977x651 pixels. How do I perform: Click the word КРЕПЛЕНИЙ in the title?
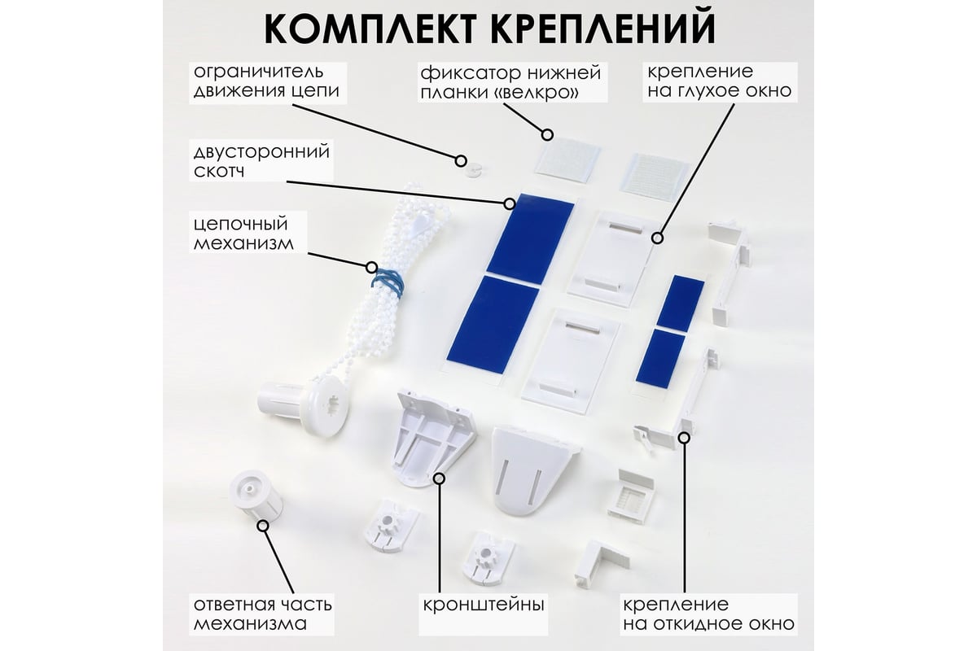click(x=602, y=27)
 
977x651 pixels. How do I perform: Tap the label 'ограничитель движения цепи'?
click(x=266, y=81)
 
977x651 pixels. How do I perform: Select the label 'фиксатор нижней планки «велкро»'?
click(x=510, y=82)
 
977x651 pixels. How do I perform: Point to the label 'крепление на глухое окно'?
click(x=719, y=81)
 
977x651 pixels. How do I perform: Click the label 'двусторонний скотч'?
click(x=261, y=160)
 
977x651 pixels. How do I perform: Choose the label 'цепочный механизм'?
click(x=243, y=233)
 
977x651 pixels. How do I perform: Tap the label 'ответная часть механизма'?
click(x=262, y=614)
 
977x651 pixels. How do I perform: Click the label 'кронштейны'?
click(x=484, y=605)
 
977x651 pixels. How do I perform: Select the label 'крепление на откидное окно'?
click(x=708, y=614)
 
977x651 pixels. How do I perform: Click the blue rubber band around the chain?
click(x=388, y=282)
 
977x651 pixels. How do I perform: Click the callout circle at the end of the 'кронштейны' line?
click(x=440, y=478)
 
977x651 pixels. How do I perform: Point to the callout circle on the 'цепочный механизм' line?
click(x=371, y=267)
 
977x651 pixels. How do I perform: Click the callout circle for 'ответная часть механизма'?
click(x=262, y=526)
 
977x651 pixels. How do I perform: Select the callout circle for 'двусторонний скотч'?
click(x=509, y=203)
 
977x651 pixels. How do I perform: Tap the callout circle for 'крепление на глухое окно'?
click(x=657, y=238)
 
